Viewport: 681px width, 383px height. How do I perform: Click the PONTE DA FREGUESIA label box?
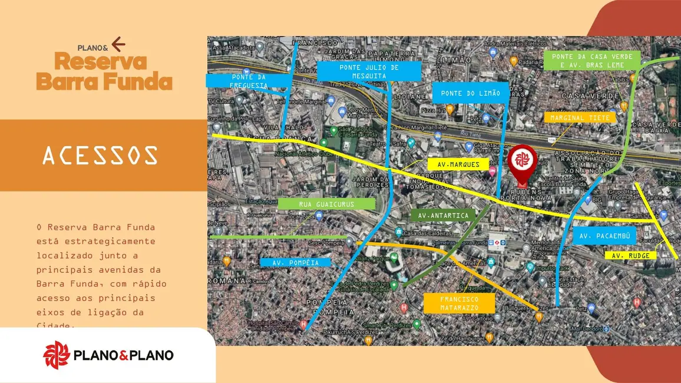coord(249,81)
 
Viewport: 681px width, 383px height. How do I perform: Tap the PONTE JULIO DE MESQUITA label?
coord(369,71)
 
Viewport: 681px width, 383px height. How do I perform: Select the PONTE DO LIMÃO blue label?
coord(470,93)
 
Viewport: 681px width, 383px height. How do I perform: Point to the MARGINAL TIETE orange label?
coord(580,117)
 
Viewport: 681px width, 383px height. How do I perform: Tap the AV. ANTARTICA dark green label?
coord(443,216)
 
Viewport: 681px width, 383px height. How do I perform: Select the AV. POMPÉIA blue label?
coord(296,262)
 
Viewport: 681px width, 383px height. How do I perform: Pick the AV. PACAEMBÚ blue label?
coord(605,236)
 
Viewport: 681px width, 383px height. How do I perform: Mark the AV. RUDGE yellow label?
coord(630,256)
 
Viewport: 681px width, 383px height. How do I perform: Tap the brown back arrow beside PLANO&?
coord(118,44)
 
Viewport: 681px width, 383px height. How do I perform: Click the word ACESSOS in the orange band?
coord(100,156)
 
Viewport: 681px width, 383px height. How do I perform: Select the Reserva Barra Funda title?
coord(104,71)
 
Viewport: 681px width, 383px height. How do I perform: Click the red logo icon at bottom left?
coord(57,355)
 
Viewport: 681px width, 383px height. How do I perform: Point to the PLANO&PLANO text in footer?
coord(124,355)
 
